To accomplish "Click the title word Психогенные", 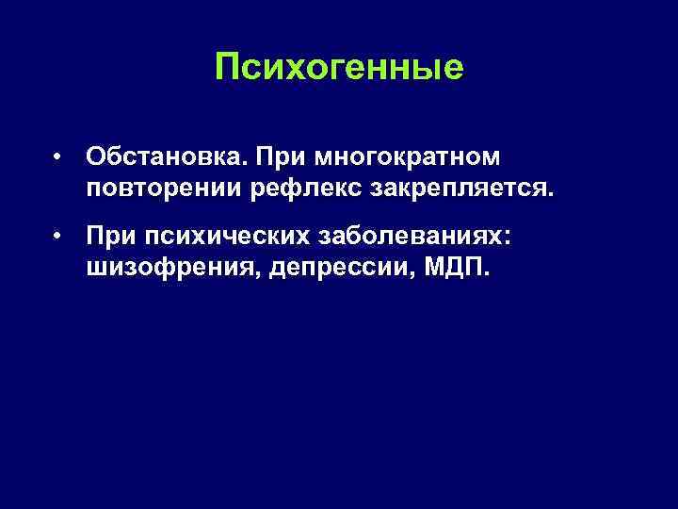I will (339, 68).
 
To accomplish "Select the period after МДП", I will (486, 275).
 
